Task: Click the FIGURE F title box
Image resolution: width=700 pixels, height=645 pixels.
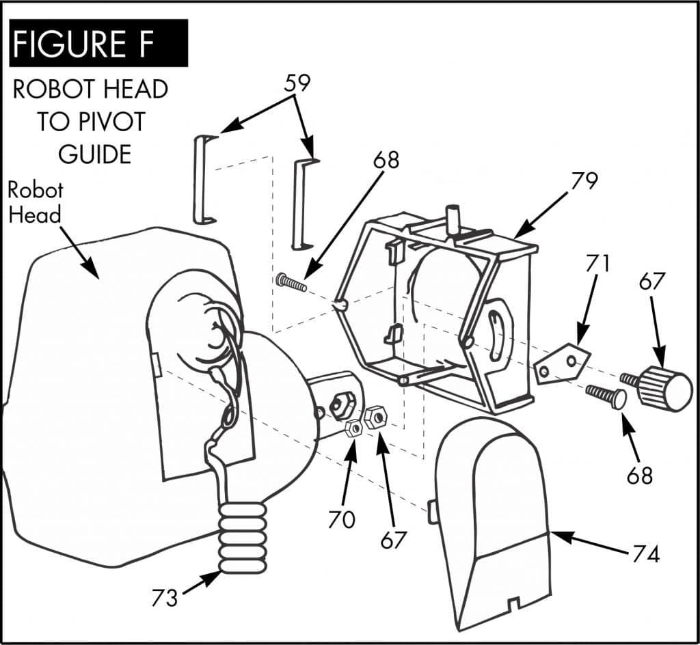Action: coord(98,42)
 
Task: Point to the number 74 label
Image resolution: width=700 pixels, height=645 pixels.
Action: coord(645,553)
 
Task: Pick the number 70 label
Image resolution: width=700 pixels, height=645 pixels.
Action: coord(341,519)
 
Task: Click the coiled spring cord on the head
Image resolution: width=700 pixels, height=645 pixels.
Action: coord(242,536)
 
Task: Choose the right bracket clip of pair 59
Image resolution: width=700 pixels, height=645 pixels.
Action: coord(302,204)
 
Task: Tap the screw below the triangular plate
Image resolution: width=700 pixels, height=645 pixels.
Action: coord(606,397)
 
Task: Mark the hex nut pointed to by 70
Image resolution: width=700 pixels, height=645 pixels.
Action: coord(354,428)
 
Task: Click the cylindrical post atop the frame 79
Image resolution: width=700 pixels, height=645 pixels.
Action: coord(453,219)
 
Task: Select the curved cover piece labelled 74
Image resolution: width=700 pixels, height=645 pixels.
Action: coord(494,519)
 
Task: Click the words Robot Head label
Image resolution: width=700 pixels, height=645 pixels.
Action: coord(36,202)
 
